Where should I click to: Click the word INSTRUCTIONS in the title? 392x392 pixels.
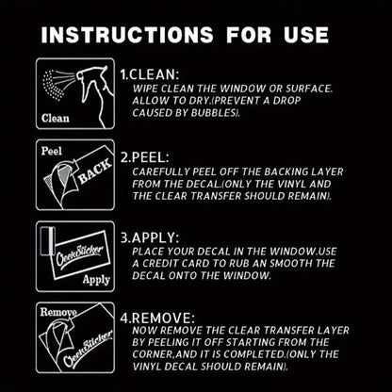127,34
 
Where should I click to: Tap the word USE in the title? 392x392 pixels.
306,34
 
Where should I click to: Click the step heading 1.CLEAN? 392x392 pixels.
150,74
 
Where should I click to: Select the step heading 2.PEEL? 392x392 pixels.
145,157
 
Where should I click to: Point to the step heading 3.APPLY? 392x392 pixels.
150,237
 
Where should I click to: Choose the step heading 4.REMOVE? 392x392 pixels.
157,318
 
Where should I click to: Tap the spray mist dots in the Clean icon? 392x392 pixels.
54,85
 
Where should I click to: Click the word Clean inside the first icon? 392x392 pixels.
56,119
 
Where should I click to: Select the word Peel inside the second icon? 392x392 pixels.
52,151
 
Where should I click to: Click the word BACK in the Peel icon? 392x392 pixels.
94,171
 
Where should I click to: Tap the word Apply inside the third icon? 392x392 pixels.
96,280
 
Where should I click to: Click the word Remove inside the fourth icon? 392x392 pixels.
58,312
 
